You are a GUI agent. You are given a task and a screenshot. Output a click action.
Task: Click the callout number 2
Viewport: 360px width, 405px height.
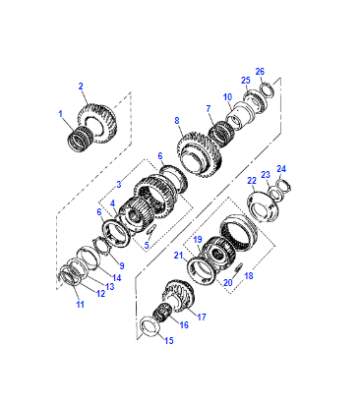(81, 87)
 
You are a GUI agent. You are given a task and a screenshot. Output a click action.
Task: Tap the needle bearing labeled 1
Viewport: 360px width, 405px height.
(80, 138)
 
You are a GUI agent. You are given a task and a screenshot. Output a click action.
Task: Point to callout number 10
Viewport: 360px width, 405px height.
(228, 97)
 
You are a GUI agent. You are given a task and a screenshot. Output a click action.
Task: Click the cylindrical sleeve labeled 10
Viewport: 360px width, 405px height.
(241, 116)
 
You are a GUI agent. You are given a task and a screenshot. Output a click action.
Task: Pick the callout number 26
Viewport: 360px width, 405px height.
(260, 71)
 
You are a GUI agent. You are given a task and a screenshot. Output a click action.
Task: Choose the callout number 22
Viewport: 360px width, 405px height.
(252, 181)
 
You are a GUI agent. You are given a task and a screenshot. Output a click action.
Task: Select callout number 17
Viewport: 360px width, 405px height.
(201, 317)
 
